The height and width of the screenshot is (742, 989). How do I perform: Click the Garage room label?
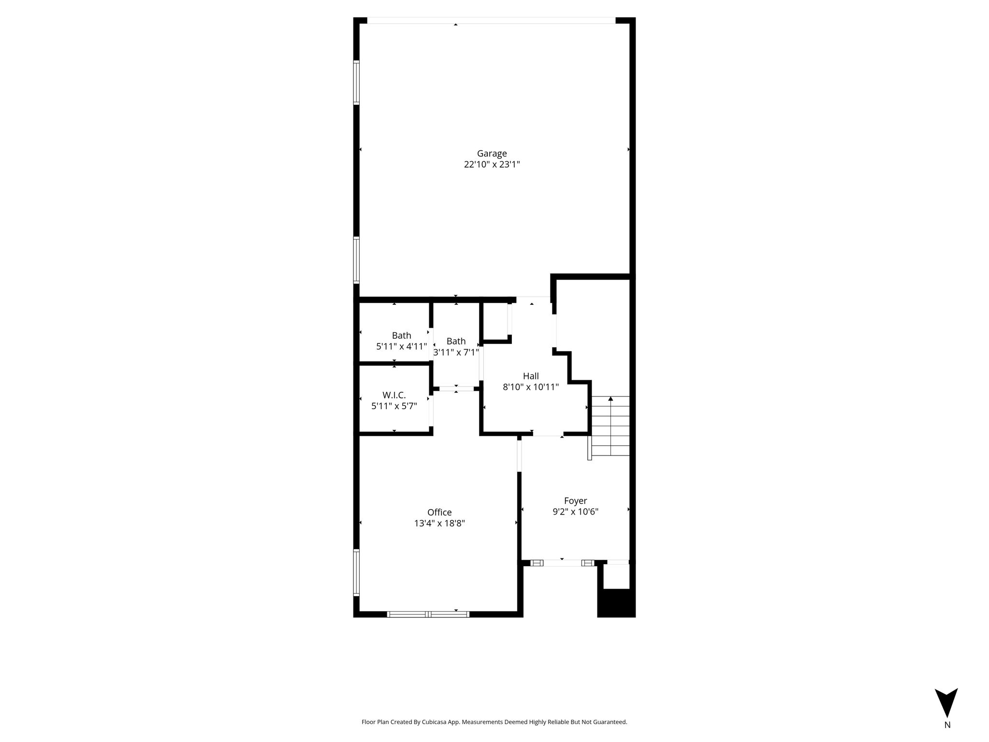492,154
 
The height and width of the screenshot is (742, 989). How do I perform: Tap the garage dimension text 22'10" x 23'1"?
492,165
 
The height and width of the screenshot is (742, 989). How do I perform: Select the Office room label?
439,513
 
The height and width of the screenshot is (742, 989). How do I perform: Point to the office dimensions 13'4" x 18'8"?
439,524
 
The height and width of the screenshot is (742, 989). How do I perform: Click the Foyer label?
576,501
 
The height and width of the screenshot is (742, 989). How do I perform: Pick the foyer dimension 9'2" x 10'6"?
576,512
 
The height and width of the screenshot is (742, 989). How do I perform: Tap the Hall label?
531,376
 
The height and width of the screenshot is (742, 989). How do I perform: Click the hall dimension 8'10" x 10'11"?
531,387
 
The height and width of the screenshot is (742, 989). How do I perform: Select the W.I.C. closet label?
394,395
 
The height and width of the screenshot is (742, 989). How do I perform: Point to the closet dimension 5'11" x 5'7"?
394,406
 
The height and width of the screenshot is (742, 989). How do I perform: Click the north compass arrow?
946,705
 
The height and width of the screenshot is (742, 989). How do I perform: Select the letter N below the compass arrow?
947,725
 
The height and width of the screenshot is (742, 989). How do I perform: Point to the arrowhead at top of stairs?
611,399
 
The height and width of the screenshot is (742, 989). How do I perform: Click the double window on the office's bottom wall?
428,614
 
